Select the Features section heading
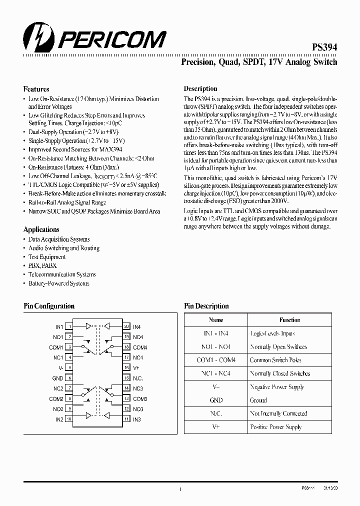coord(36,89)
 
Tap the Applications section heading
coord(41,229)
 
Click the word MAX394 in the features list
coord(110,149)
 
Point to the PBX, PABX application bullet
coord(42,265)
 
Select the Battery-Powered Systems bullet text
coord(58,283)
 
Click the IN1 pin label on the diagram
coord(59,326)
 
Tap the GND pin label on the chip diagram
coord(58,378)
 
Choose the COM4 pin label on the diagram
coord(140,347)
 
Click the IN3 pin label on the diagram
coord(137,419)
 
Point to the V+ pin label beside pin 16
coord(136,368)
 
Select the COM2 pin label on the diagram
coord(56,399)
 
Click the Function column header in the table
coord(290,320)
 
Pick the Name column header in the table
coord(216,320)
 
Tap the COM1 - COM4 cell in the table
coord(216,360)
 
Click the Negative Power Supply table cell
coord(276,387)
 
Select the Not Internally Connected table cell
coord(278,413)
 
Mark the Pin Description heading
coord(206,306)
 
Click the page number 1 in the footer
coord(179,489)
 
